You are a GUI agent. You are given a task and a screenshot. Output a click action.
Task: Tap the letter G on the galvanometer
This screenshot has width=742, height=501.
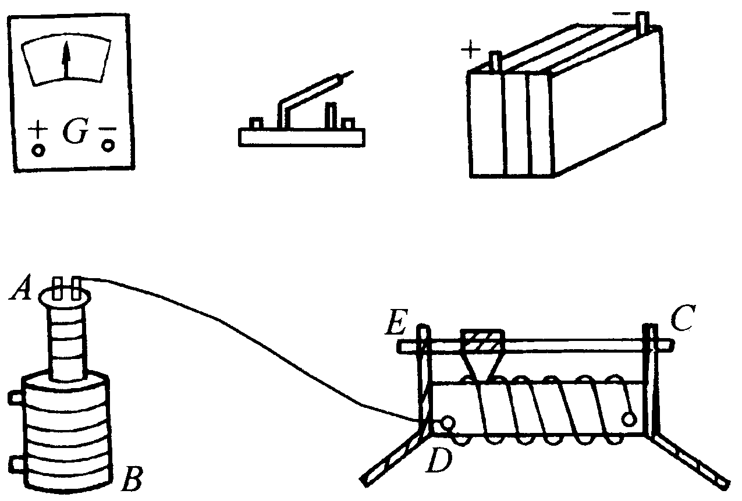pos(75,133)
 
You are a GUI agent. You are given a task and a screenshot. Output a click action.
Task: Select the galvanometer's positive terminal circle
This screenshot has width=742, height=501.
pos(38,150)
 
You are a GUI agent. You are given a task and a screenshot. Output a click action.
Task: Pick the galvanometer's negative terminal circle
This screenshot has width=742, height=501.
pos(108,145)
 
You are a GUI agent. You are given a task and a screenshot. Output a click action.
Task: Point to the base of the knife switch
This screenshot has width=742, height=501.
pos(302,137)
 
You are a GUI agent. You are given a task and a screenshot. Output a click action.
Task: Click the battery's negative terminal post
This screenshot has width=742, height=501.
pos(642,22)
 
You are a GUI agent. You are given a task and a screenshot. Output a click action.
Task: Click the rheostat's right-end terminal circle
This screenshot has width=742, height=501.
pos(629,418)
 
